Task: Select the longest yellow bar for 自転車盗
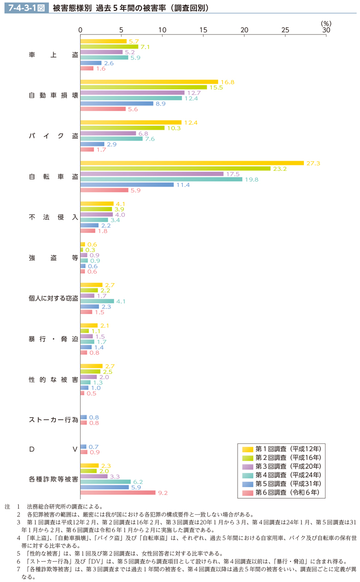tap(192, 163)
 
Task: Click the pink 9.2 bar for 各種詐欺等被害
tap(118, 492)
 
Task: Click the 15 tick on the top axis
tap(203, 30)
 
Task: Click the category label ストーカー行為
tap(53, 420)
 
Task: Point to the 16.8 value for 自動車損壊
tap(227, 82)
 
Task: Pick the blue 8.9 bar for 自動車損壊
tap(117, 104)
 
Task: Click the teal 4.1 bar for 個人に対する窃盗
tap(97, 301)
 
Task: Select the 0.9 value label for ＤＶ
tap(93, 452)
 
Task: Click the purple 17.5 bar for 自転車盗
tap(152, 174)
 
